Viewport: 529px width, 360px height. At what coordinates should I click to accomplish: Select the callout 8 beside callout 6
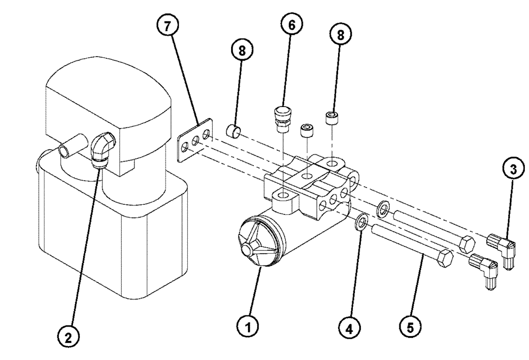tap(340, 36)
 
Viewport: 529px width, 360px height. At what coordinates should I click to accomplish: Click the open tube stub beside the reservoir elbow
tap(64, 150)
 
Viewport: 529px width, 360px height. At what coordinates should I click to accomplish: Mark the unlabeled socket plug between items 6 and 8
tap(306, 130)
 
